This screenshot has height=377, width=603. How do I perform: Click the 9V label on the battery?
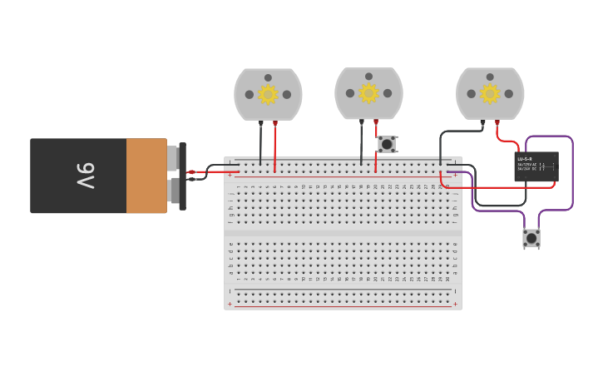click(86, 176)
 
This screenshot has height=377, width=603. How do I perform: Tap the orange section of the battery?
click(146, 176)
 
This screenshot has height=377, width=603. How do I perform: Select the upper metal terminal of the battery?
click(172, 158)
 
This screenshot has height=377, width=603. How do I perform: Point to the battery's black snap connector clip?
click(182, 176)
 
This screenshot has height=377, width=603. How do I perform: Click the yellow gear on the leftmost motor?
click(268, 95)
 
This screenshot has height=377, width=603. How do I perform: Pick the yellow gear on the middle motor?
click(368, 93)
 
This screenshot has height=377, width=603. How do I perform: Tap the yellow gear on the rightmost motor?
click(490, 94)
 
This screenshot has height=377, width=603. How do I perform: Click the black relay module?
click(536, 166)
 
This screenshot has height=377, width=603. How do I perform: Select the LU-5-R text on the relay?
click(525, 159)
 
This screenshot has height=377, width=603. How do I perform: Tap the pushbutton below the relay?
click(531, 238)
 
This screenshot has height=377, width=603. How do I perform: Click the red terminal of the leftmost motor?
click(275, 123)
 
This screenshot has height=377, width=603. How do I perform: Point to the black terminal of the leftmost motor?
click(261, 123)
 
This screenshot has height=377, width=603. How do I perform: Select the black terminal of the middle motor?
click(362, 122)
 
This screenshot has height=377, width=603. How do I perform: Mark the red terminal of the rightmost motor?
click(497, 122)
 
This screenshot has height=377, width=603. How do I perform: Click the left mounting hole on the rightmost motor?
click(472, 94)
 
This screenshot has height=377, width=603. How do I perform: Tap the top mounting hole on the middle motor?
click(368, 77)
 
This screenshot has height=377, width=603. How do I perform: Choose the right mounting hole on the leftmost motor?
click(287, 95)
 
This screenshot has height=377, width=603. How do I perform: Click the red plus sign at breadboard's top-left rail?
click(230, 175)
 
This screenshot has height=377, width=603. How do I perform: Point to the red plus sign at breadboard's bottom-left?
click(230, 305)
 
